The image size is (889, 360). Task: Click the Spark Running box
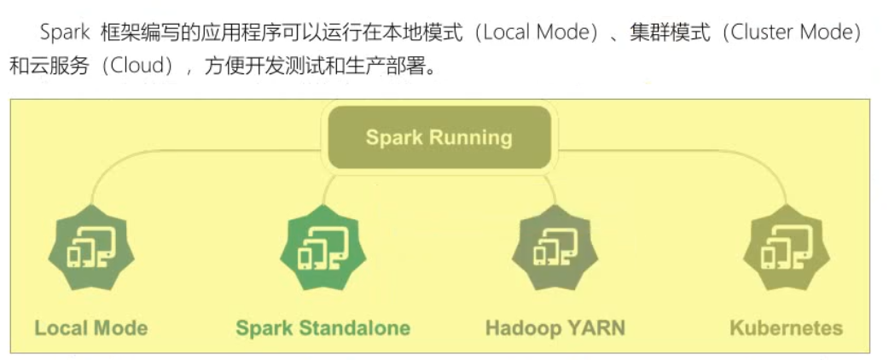439,137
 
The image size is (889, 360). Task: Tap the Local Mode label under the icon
90,328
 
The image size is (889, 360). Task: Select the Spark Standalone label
322,328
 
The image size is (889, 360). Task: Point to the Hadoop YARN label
555,328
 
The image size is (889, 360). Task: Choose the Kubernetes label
787,328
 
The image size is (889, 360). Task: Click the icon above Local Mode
91,248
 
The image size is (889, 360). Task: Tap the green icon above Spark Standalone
322,248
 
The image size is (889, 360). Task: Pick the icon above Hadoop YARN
555,248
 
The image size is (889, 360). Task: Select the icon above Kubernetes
787,248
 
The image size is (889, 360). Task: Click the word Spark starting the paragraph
58,34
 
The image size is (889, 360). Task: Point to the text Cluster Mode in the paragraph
807,34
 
